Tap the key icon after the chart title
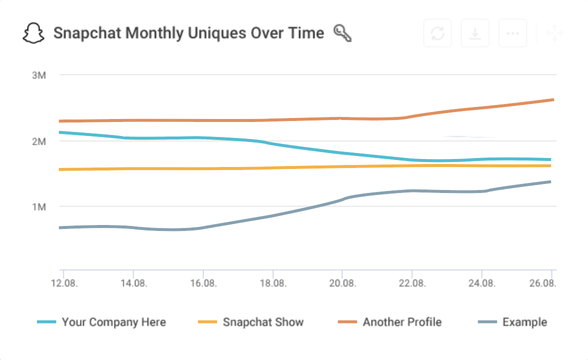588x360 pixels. point(342,33)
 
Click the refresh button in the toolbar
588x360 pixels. point(437,33)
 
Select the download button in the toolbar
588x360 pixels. point(475,33)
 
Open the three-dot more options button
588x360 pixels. point(512,33)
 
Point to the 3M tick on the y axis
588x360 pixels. point(38,75)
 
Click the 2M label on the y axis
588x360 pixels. point(38,141)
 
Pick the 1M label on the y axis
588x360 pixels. point(38,206)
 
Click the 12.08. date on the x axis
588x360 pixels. point(63,283)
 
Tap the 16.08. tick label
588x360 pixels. point(203,283)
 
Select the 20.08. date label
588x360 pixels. point(342,283)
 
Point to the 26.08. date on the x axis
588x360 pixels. point(543,283)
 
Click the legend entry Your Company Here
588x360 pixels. point(113,322)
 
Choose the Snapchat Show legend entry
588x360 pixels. point(263,322)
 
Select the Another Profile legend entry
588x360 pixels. point(402,322)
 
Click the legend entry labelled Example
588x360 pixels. point(524,322)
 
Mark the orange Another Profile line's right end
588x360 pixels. point(552,99)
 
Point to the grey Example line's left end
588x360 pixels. point(60,227)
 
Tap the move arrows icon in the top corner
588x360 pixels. point(554,33)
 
